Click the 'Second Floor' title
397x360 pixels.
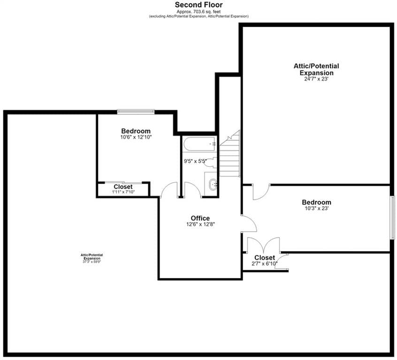pos(199,5)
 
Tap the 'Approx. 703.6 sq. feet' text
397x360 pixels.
pos(199,12)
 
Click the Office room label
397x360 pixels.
pos(200,218)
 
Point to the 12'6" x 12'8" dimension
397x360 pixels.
pos(200,224)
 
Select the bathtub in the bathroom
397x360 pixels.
pos(199,144)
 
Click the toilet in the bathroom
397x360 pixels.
pos(211,162)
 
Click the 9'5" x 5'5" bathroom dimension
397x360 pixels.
pos(195,161)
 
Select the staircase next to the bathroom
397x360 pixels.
pos(230,154)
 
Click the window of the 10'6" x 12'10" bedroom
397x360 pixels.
pos(136,112)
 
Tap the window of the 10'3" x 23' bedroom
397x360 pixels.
pos(392,217)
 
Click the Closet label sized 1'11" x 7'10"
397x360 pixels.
pos(123,187)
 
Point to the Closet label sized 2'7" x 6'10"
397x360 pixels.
pos(265,257)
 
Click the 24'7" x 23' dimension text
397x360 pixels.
pos(316,79)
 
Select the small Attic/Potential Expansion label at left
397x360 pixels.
pos(92,257)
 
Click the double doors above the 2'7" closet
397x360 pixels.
pos(264,244)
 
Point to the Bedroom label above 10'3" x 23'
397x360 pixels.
pos(316,202)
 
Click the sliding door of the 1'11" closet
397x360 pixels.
pos(123,182)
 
